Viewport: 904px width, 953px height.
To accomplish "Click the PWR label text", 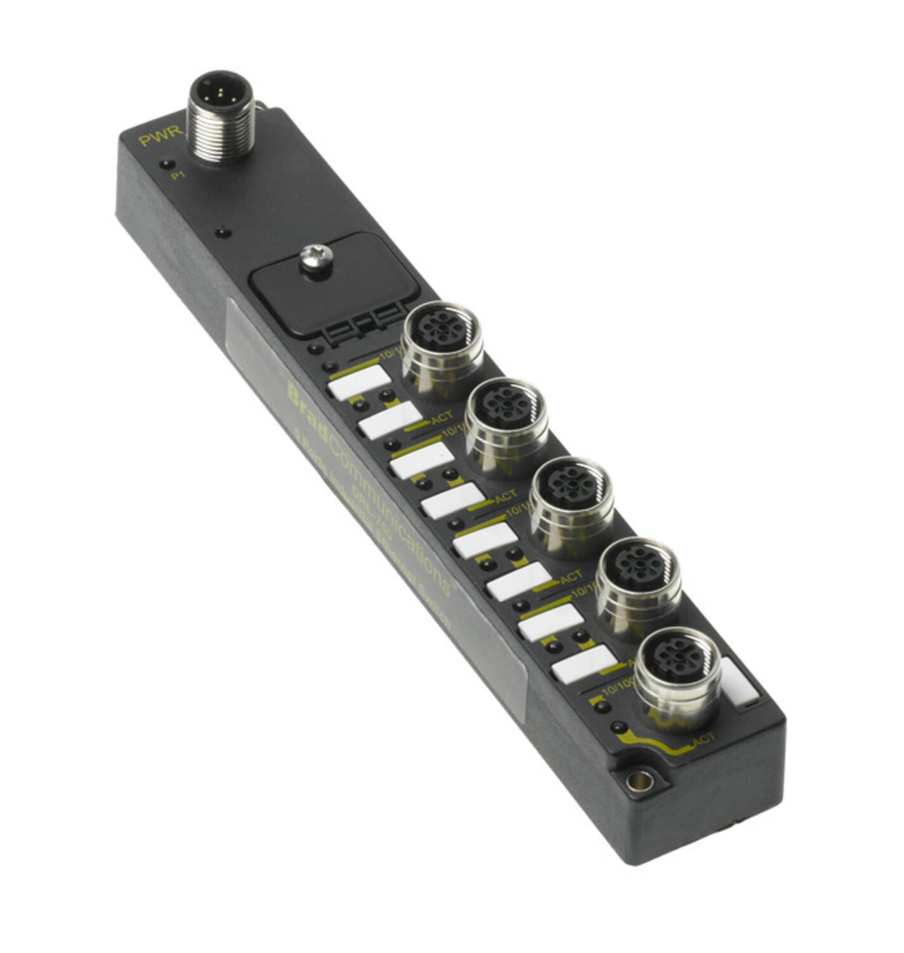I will (x=161, y=136).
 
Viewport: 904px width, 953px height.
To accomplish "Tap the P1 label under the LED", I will (x=178, y=175).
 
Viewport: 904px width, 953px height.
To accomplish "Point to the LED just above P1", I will (x=167, y=164).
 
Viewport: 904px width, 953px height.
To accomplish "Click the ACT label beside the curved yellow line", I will (x=703, y=739).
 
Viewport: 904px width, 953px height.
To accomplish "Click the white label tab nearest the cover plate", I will (x=359, y=382).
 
